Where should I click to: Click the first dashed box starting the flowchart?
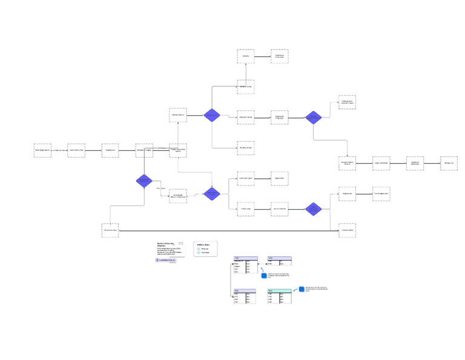(42, 150)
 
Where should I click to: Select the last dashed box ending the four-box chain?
(449, 163)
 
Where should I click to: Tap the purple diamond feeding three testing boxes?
(211, 115)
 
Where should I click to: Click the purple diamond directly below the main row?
(143, 181)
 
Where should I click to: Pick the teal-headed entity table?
(279, 291)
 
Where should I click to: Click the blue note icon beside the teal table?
(302, 290)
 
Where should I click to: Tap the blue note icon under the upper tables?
(264, 276)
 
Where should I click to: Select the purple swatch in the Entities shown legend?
(199, 248)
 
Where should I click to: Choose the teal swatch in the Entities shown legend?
(199, 252)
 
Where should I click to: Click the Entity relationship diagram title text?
(165, 244)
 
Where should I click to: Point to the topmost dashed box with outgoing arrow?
(245, 56)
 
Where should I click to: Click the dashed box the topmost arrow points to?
(279, 56)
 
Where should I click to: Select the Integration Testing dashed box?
(245, 118)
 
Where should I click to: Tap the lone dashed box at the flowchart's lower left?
(110, 230)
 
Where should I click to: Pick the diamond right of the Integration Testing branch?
(313, 118)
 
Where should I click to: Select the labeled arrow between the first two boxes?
(59, 150)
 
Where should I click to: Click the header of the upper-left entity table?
(245, 258)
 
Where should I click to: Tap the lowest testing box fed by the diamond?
(245, 147)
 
